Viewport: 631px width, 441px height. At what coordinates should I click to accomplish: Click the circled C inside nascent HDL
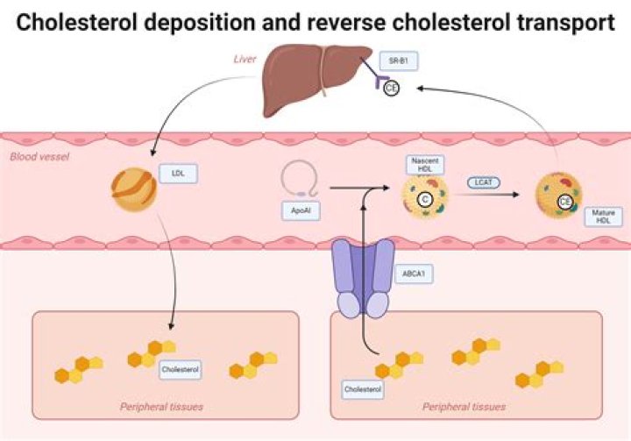[x=425, y=200]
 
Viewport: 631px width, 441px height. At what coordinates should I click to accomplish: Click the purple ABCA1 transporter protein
[x=361, y=276]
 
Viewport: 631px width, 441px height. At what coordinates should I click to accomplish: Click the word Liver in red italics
[x=244, y=59]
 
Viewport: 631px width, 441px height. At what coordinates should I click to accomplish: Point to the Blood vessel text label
[x=39, y=157]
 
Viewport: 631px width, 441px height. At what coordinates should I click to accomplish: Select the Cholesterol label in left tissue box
[x=181, y=370]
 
